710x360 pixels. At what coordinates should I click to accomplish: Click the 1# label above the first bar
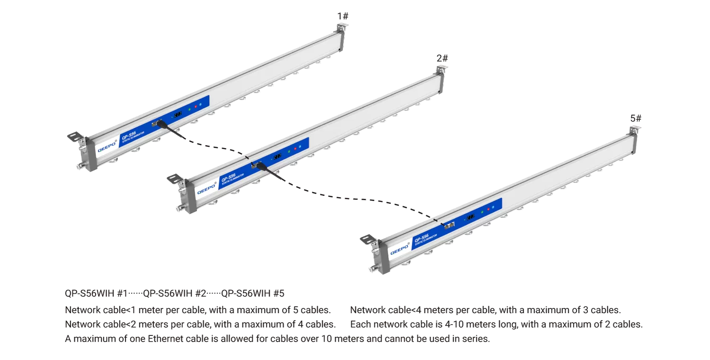tap(343, 16)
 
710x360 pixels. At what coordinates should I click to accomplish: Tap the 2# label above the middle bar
tap(442, 58)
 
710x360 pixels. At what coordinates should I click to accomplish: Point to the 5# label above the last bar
tap(636, 118)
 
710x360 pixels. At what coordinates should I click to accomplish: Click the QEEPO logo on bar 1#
tap(107, 146)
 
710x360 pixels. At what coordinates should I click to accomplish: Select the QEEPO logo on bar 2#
tap(206, 188)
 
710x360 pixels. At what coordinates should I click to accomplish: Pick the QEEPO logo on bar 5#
tap(399, 249)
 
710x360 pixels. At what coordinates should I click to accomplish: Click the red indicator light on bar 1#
tap(195, 106)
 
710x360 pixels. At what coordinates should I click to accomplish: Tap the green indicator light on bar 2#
tap(289, 151)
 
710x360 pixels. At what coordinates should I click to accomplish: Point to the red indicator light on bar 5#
tap(488, 209)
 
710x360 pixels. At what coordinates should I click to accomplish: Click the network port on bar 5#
tap(450, 225)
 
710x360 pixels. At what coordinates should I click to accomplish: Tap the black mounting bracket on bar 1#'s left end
tap(75, 137)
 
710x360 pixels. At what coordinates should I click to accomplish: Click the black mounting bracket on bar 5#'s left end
tap(368, 239)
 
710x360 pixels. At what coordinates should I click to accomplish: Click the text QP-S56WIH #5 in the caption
tap(253, 293)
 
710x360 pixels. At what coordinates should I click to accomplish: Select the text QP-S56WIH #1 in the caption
tap(96, 293)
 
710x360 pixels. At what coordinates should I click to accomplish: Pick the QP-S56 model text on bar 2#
tap(228, 178)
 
